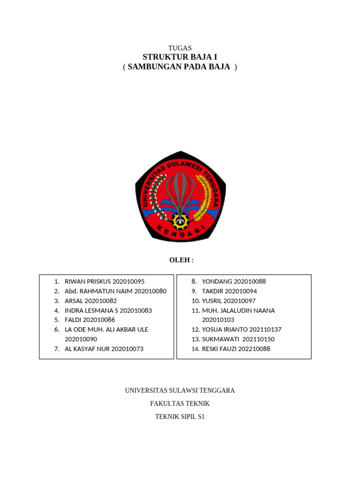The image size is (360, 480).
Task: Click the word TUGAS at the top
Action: [x=180, y=48]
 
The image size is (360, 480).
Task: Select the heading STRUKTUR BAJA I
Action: [x=180, y=57]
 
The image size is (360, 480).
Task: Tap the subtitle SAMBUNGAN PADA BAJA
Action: [x=180, y=67]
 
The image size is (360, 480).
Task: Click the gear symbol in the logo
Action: [x=180, y=220]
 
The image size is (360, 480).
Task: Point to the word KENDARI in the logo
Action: [x=180, y=233]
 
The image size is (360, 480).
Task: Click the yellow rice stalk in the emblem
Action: [x=203, y=197]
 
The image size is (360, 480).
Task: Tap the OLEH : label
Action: [x=181, y=260]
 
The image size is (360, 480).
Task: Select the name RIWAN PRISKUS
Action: [x=88, y=282]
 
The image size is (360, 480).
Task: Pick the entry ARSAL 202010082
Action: [x=90, y=301]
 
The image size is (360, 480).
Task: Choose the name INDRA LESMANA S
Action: [x=91, y=310]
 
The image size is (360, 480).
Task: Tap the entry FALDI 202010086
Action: [x=90, y=320]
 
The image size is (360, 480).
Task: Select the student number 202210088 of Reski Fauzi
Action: [x=254, y=349]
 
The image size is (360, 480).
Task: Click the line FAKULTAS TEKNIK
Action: [x=180, y=404]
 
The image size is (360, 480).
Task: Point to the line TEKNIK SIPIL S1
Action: [x=180, y=416]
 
